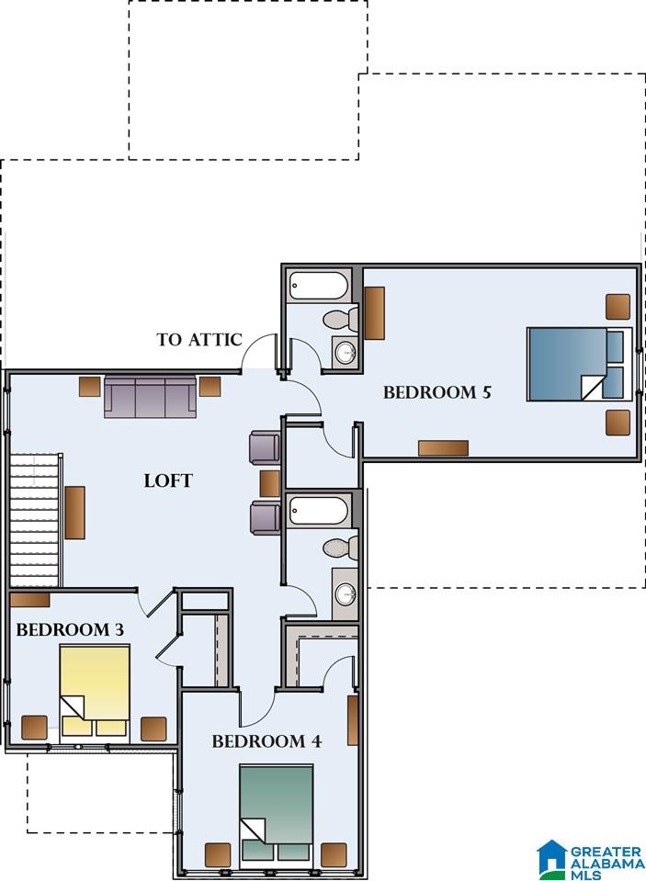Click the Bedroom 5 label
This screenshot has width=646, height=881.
point(436,392)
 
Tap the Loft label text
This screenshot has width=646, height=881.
point(168,480)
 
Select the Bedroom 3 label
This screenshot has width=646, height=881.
point(70,630)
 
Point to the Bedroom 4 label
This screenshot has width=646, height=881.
point(266,741)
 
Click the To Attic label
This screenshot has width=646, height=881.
point(198,340)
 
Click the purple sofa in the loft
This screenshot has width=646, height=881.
point(150,396)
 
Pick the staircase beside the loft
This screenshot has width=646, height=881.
point(36,519)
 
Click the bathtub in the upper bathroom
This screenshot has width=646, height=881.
point(318,285)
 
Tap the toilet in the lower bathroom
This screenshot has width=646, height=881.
point(340,548)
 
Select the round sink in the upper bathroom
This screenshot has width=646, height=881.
point(346,352)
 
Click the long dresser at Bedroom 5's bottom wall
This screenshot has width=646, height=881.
point(443,447)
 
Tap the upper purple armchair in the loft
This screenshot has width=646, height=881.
point(265,446)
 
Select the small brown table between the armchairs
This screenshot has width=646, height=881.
point(270,482)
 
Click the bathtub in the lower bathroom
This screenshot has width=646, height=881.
point(318,511)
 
